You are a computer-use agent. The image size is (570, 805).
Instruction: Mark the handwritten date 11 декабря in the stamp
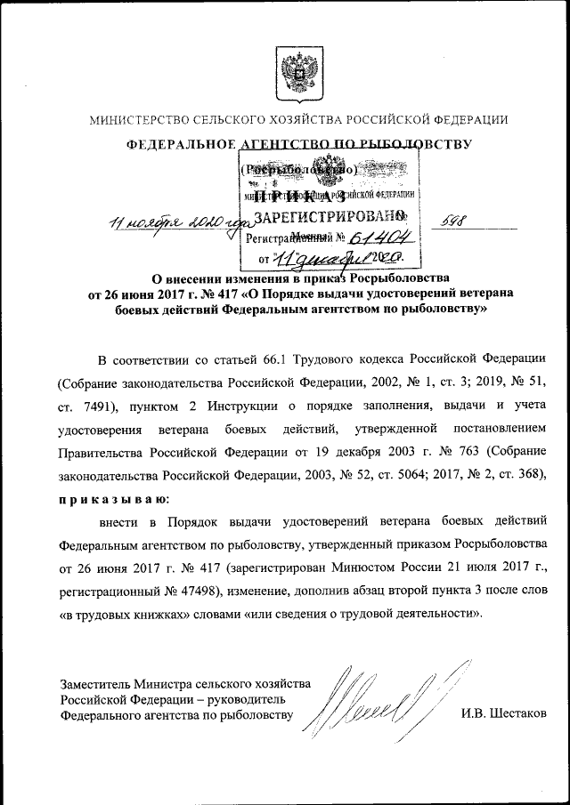(x=321, y=258)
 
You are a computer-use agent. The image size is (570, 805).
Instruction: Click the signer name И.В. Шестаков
(x=504, y=714)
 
